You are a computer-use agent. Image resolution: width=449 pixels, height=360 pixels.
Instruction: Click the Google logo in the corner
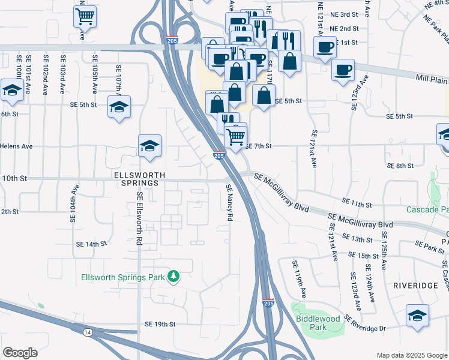(20, 353)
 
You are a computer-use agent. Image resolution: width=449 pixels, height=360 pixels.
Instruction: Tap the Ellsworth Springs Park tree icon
(173, 277)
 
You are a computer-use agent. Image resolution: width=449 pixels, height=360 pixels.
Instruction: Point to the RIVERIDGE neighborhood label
(415, 286)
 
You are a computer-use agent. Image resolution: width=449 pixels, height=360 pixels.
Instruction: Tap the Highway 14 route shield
(89, 332)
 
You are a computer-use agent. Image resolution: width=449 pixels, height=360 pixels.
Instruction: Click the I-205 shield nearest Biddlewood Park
(268, 304)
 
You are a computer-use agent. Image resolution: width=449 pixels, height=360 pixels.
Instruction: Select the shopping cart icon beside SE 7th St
(236, 136)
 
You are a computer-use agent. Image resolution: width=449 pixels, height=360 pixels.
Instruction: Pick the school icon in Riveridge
(418, 316)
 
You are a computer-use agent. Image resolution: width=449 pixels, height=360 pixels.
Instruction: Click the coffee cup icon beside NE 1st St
(325, 47)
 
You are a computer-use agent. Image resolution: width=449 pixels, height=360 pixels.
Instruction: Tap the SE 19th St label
(159, 324)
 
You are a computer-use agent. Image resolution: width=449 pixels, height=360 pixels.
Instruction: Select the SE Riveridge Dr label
(373, 328)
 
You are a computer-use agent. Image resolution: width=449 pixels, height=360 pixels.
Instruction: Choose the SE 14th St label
(91, 244)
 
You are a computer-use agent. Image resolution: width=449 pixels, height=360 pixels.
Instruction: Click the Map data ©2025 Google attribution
(411, 355)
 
